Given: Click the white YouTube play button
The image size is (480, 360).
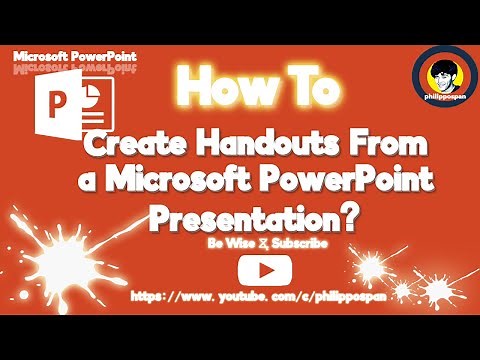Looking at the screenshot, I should (256, 269).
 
